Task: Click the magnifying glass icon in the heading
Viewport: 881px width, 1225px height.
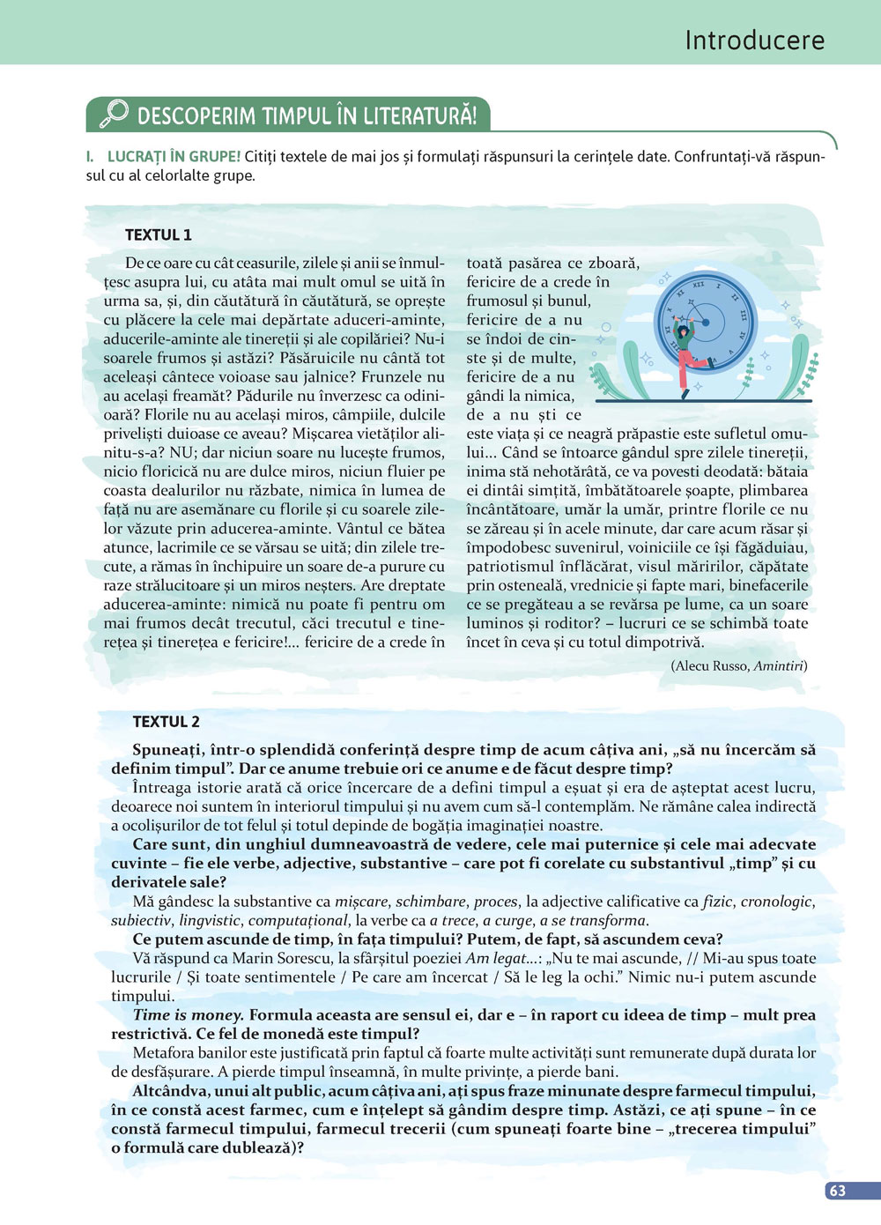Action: click(113, 114)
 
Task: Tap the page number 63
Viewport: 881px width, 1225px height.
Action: click(838, 1191)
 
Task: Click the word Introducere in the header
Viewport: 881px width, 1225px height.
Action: click(754, 41)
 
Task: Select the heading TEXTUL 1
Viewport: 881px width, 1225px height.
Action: click(158, 235)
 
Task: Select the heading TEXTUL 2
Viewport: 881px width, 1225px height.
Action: click(166, 722)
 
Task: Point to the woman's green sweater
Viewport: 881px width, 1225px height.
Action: click(685, 338)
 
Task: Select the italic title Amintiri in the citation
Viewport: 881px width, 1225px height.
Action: click(779, 666)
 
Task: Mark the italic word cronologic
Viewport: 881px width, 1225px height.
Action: click(776, 902)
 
